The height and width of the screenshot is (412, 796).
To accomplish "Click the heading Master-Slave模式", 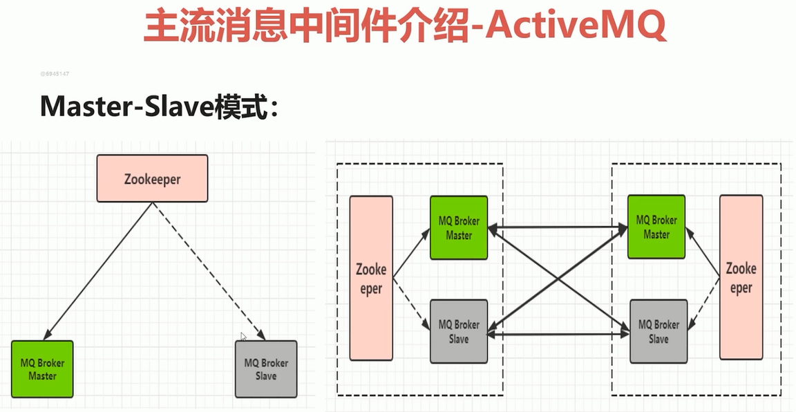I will (159, 106).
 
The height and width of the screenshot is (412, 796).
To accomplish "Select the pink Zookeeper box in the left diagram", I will (152, 178).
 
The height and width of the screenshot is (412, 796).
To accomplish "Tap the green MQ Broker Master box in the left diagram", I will (42, 369).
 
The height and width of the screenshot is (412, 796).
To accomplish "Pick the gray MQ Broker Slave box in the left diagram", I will (266, 369).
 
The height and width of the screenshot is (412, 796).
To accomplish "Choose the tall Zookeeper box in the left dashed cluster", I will (371, 278).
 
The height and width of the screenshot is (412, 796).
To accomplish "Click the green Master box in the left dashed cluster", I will (459, 227).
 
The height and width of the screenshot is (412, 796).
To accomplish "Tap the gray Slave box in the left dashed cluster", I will (459, 331).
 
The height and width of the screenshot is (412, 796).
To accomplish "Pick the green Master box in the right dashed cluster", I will (656, 227).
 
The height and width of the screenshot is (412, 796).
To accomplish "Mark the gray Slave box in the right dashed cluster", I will (658, 331).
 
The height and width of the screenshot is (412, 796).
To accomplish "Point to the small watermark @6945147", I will (55, 73).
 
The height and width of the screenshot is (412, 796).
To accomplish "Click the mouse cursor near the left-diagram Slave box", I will (243, 336).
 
